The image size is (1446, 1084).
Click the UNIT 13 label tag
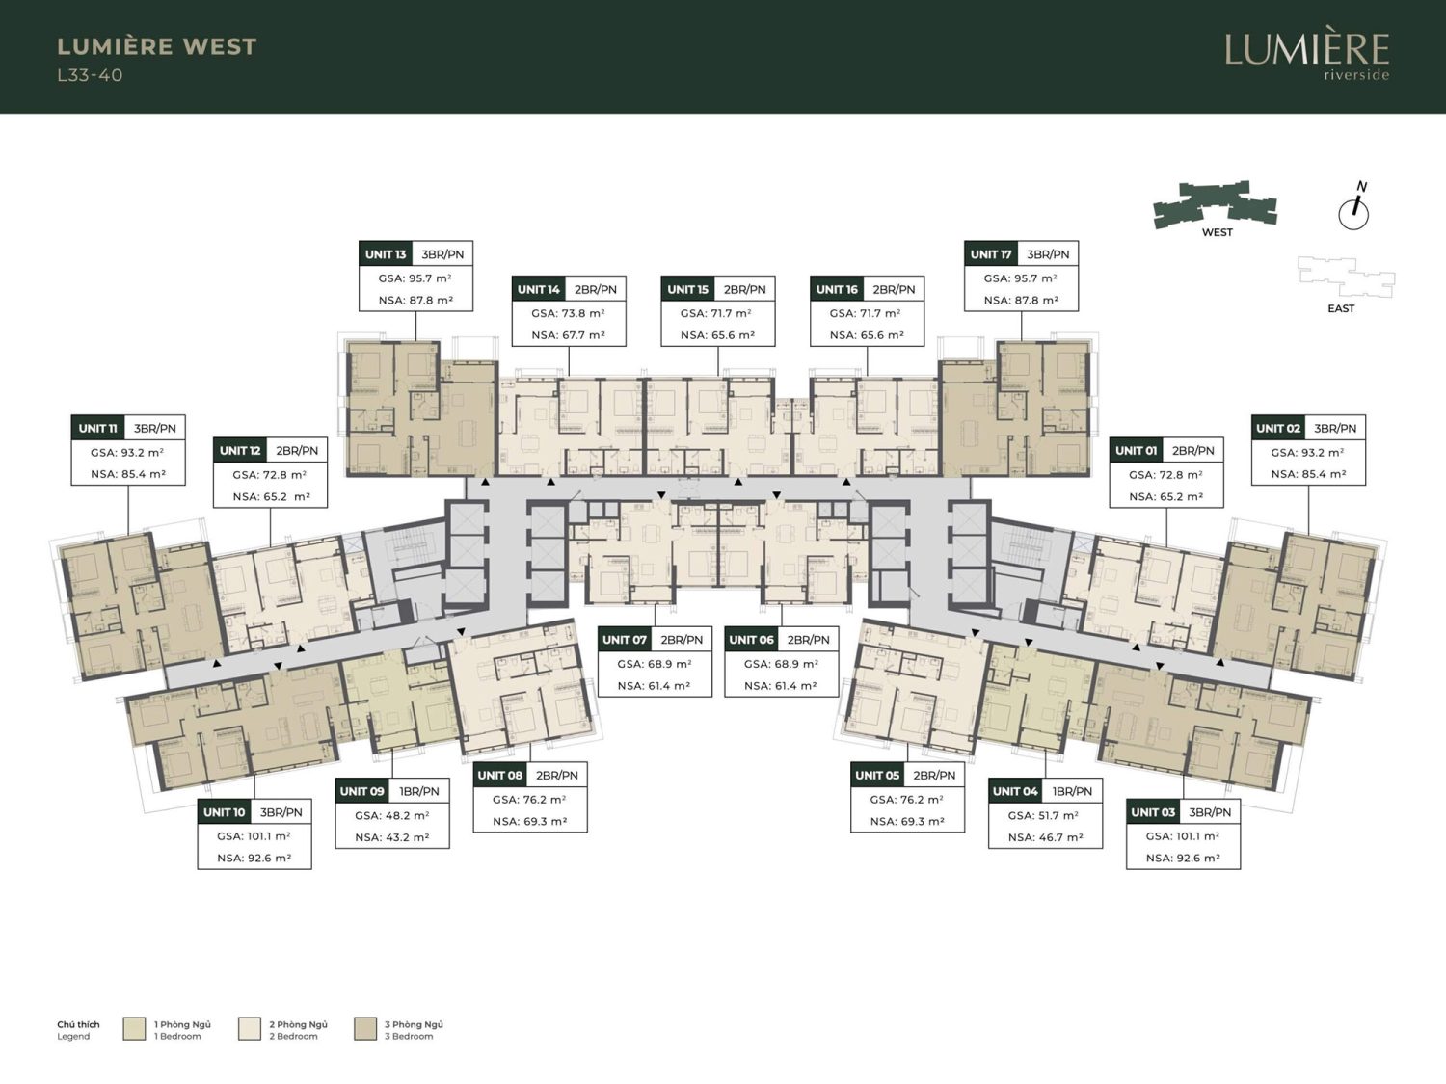(386, 254)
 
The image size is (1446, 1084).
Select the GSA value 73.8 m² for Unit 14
(569, 313)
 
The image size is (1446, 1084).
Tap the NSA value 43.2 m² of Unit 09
(392, 837)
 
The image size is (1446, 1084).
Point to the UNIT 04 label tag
(1015, 791)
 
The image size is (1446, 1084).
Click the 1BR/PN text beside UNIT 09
(419, 791)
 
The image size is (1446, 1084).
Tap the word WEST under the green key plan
(1217, 232)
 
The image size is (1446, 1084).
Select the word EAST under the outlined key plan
(1341, 308)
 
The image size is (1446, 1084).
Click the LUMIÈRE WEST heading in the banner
(157, 46)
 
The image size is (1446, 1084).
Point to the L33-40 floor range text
(90, 75)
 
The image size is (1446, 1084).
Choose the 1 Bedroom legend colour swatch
(134, 1029)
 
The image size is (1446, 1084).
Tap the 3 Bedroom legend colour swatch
(365, 1029)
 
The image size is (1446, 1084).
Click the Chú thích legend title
(78, 1024)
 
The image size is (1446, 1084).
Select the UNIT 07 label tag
(625, 639)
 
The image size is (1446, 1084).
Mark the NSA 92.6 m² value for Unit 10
(254, 859)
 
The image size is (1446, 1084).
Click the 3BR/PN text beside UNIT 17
(1048, 254)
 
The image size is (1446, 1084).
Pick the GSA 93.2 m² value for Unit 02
(1308, 452)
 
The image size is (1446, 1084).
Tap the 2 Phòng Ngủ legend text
(299, 1024)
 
